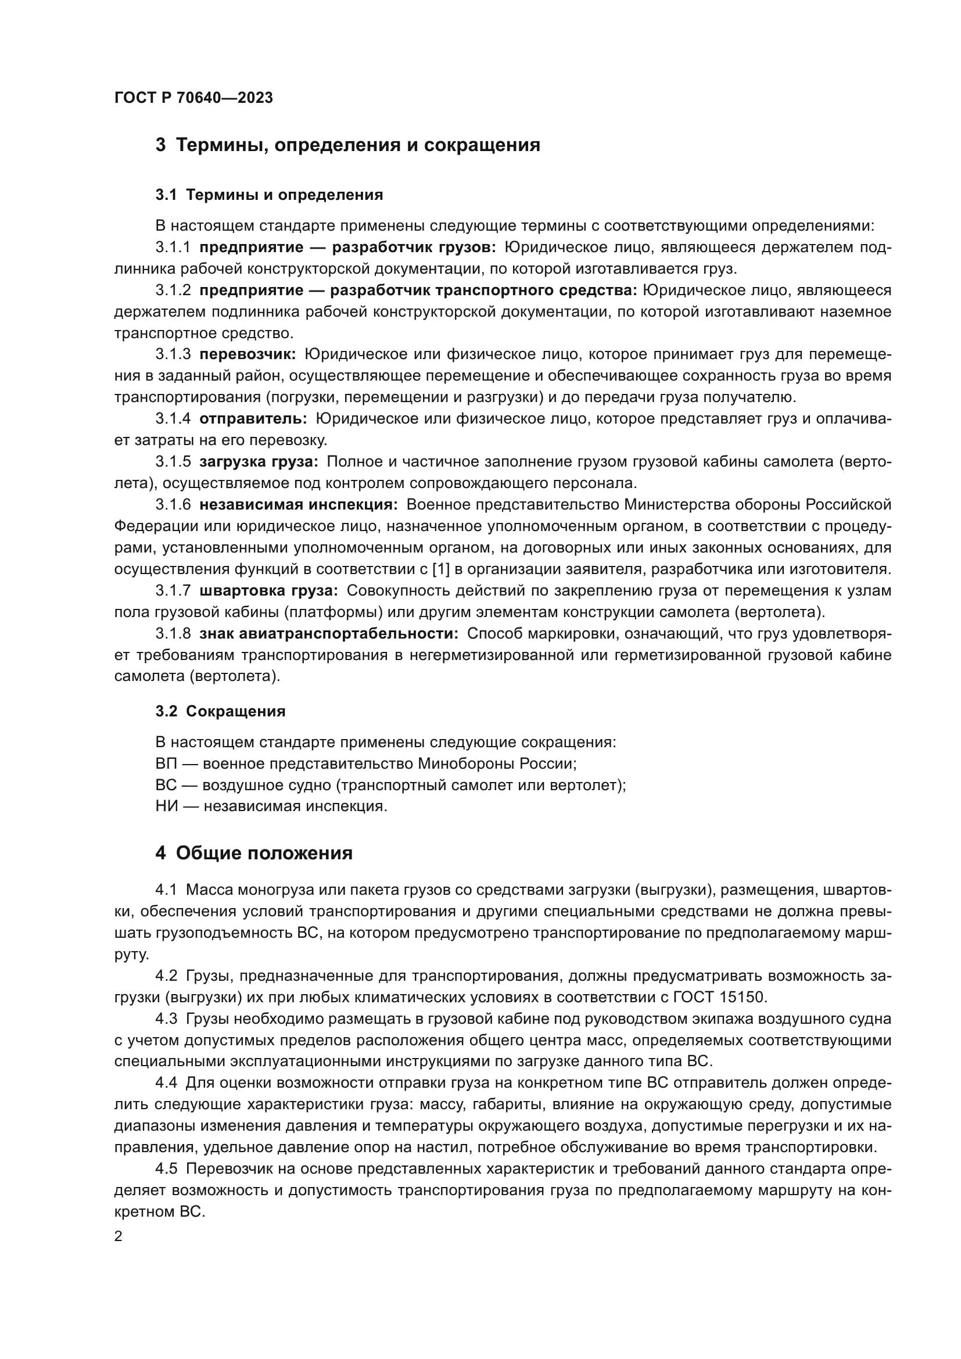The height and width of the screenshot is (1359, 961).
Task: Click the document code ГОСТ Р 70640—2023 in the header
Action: tap(193, 98)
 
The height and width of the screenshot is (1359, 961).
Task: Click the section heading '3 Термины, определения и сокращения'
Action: tap(348, 145)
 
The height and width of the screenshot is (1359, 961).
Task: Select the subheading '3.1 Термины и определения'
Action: tap(269, 195)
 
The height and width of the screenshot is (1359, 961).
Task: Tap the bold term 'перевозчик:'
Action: tap(248, 354)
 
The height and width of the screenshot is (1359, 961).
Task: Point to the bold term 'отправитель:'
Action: tap(253, 419)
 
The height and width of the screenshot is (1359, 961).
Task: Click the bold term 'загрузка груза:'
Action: tap(259, 462)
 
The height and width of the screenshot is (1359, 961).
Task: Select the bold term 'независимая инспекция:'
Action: tap(299, 505)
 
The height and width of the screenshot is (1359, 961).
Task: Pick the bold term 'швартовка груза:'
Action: tap(268, 591)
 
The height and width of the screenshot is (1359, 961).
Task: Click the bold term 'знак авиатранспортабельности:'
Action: tap(328, 633)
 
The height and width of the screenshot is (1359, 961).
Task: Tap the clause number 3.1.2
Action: tap(173, 290)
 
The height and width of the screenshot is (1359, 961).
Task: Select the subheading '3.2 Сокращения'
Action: tap(220, 712)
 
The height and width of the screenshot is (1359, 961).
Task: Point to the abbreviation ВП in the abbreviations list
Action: tap(166, 763)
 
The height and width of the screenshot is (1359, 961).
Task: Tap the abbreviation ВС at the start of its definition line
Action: tap(166, 785)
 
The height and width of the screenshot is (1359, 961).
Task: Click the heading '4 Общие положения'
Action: tap(254, 853)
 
